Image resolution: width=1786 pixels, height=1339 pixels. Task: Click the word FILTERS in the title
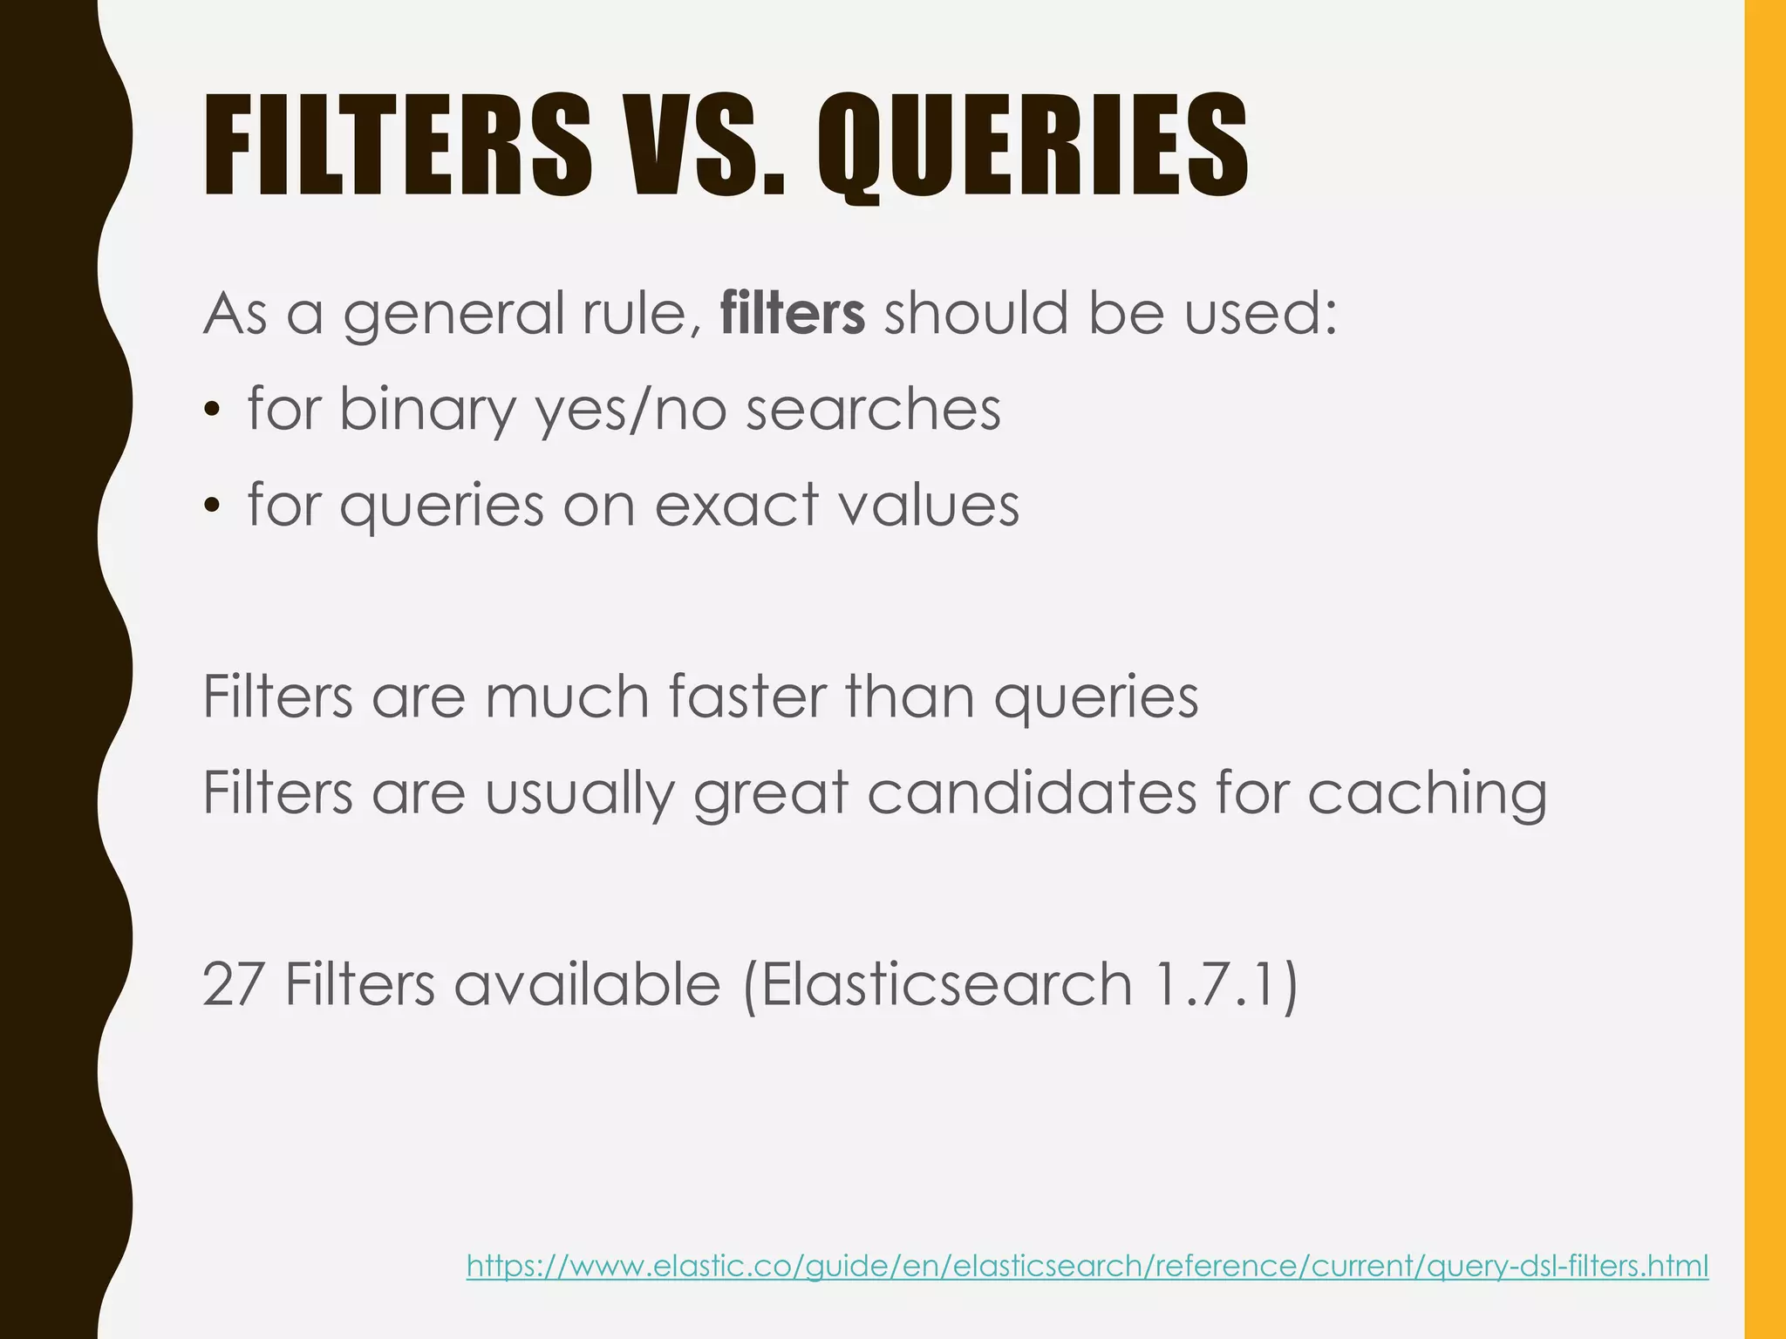click(397, 146)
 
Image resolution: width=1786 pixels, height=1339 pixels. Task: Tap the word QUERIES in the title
click(1033, 146)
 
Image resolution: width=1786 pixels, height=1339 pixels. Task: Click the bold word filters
click(793, 314)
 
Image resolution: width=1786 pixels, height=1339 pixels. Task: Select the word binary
click(427, 410)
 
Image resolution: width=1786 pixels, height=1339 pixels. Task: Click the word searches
click(873, 410)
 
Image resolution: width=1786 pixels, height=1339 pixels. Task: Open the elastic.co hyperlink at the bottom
click(1087, 1265)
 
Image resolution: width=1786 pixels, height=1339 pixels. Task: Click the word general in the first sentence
click(453, 314)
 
